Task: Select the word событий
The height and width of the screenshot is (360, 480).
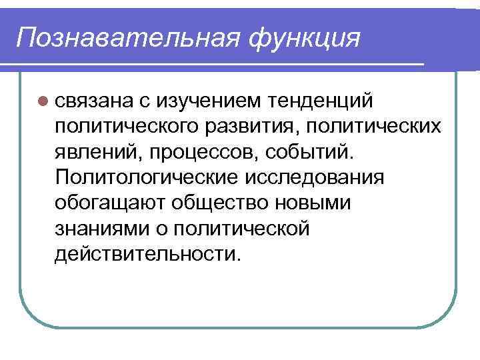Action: coord(309,151)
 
